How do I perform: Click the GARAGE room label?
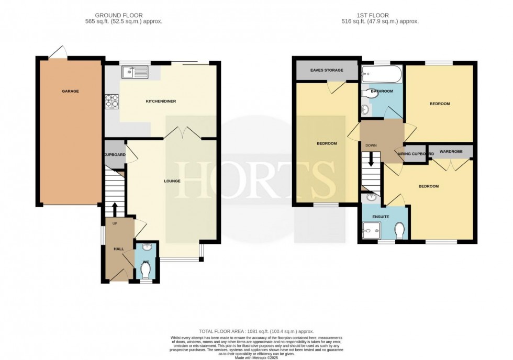pos(70,91)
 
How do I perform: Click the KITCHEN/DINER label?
pos(160,101)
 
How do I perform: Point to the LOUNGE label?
pos(171,181)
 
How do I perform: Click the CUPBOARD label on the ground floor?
pos(114,155)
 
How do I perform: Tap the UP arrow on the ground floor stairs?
pos(115,211)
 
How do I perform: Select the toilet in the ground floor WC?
pos(146,270)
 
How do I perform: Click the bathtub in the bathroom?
pos(381,74)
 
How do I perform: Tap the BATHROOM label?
pos(382,91)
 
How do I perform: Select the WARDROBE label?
pos(450,152)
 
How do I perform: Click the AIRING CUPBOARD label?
pos(416,154)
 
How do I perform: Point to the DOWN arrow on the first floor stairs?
pos(371,159)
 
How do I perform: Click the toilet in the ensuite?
pos(400,230)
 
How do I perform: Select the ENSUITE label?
pos(381,216)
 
